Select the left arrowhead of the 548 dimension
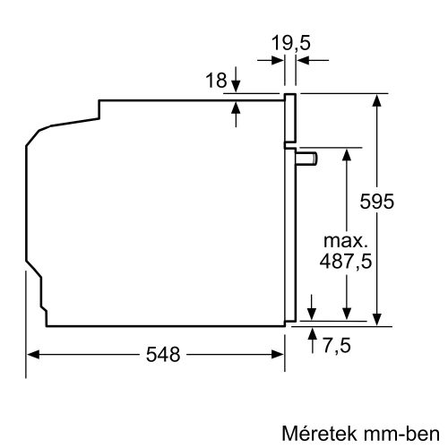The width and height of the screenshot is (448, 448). [30, 354]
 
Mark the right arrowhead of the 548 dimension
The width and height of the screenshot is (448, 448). [280, 354]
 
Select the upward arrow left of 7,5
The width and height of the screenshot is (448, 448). [312, 334]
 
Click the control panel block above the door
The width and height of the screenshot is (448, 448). [290, 118]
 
